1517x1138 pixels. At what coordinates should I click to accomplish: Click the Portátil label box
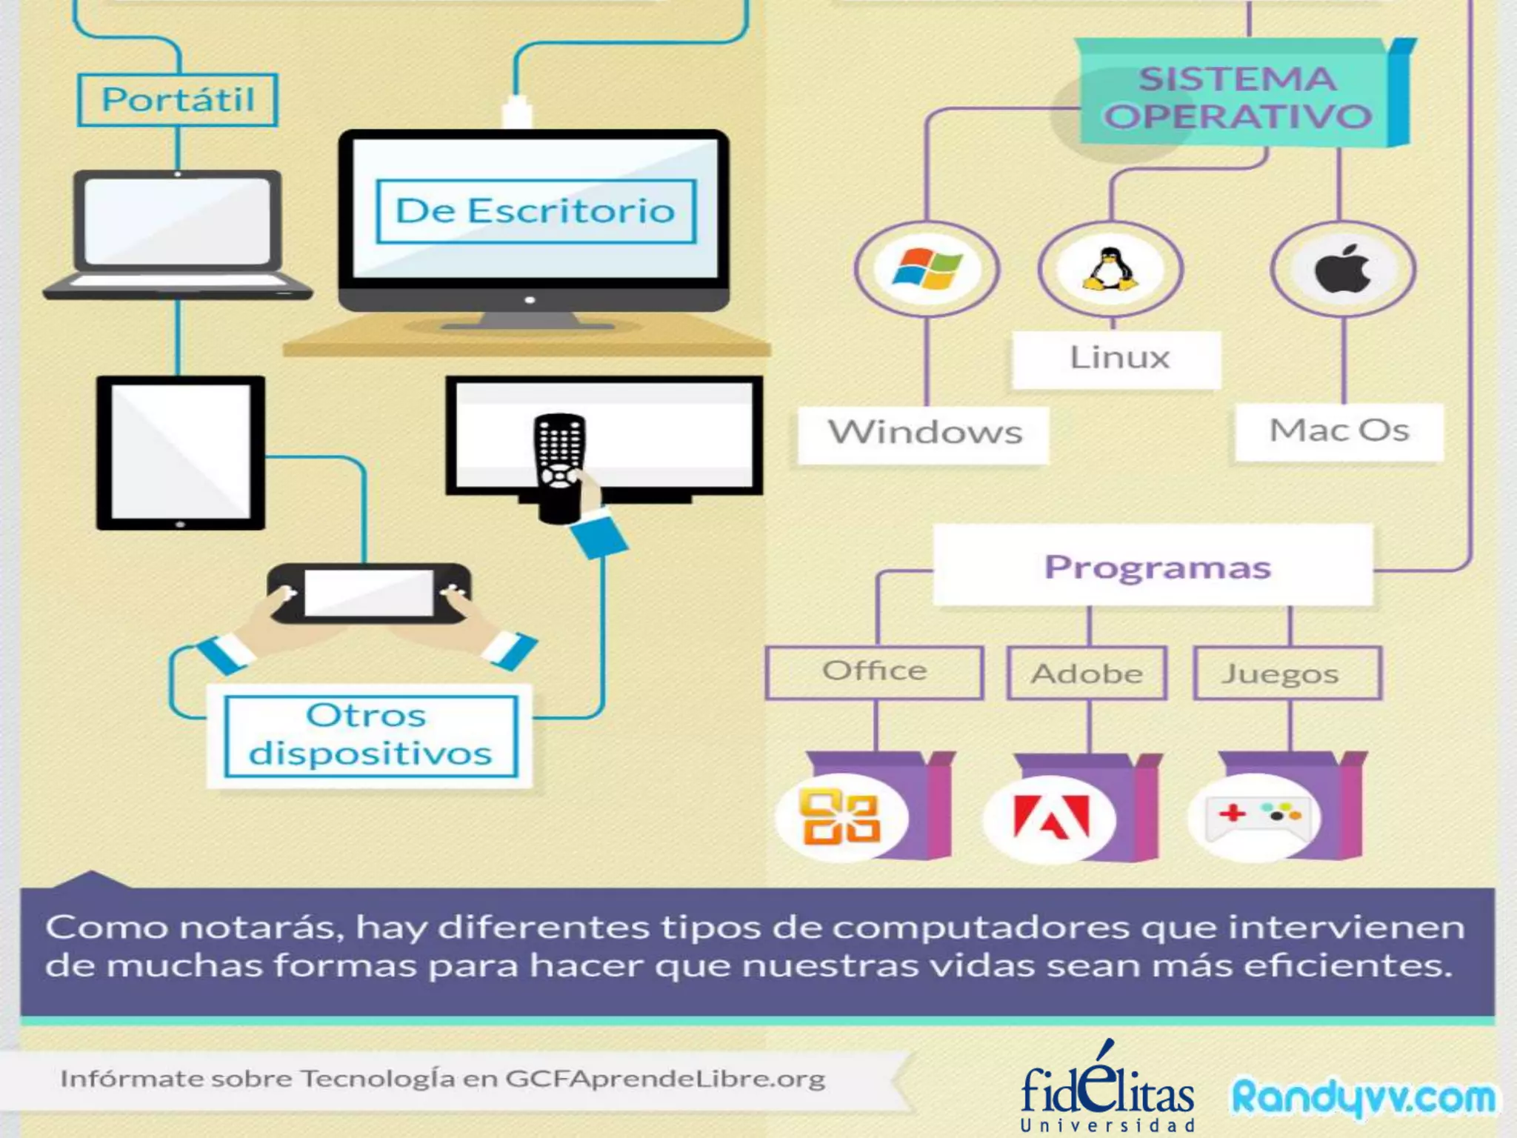coord(178,99)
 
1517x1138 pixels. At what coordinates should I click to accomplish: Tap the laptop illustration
coord(178,233)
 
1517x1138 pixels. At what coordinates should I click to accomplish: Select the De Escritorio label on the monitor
coord(536,211)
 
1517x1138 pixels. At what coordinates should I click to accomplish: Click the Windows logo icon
coord(927,268)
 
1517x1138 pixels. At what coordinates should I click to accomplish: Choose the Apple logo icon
coord(1342,268)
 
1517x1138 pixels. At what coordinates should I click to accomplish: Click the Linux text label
coord(1118,359)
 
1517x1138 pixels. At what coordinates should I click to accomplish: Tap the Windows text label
coord(924,433)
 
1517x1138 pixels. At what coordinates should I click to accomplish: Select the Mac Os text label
coord(1339,431)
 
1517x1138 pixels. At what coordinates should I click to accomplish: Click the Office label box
coord(874,672)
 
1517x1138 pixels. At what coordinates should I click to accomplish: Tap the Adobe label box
coord(1087,673)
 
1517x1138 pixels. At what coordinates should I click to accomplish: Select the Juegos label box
coord(1286,673)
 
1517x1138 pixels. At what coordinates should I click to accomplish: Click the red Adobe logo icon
coord(1050,818)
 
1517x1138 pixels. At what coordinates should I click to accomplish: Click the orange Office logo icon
coord(841,816)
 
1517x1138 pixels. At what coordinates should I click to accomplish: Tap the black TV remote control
coord(560,467)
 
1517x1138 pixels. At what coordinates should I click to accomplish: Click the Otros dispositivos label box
coord(370,735)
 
